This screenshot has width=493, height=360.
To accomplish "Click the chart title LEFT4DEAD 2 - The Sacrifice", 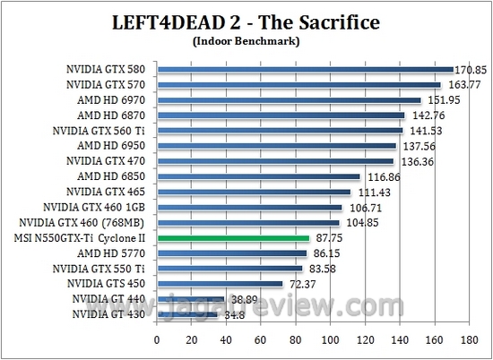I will coord(246,21).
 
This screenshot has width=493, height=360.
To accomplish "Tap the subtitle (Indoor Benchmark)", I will coord(246,40).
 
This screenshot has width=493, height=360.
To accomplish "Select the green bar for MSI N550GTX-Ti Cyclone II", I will coord(233,238).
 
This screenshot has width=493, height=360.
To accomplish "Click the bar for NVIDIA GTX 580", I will coord(305,69).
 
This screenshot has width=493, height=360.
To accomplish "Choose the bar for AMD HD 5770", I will coord(232,253).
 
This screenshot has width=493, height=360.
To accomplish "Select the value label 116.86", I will coord(380,177).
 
